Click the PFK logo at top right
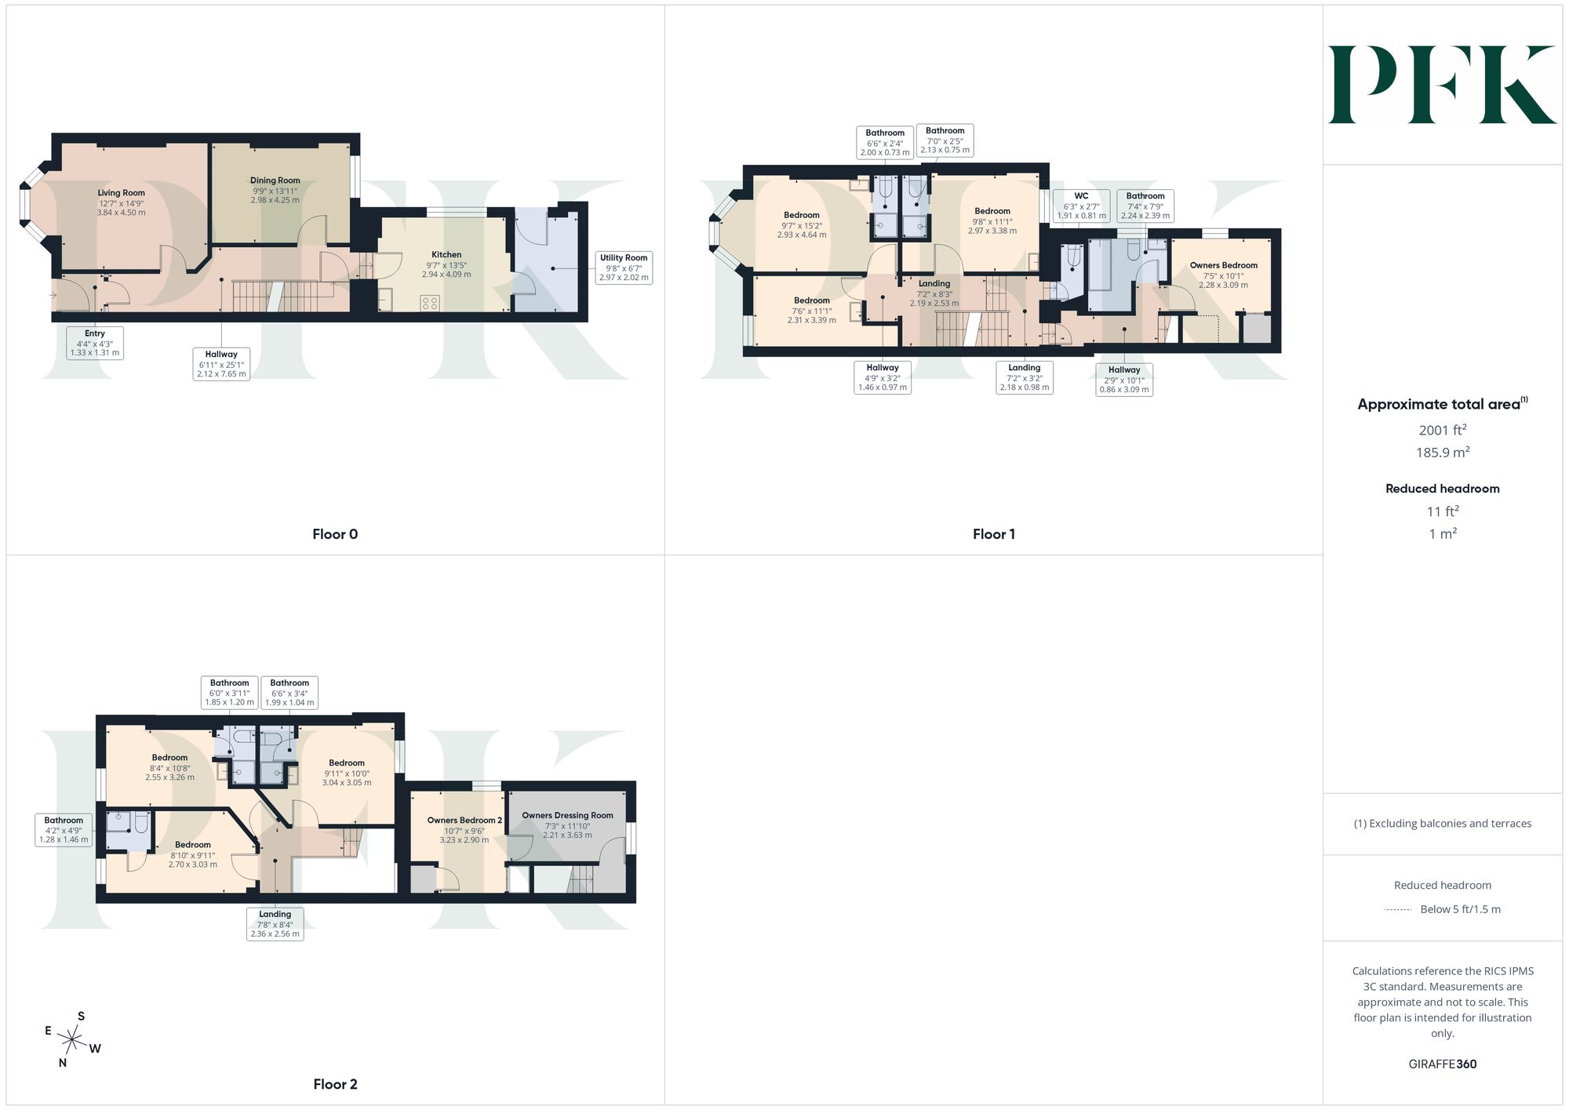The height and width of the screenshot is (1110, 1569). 1442,85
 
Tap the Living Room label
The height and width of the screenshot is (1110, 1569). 121,193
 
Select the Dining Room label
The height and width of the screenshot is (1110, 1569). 275,180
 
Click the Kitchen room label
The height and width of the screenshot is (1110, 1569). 446,255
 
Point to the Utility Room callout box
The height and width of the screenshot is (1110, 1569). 624,267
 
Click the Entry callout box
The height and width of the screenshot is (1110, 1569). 95,343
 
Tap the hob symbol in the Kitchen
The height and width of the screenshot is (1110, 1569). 429,303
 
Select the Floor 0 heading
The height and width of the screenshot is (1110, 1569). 335,534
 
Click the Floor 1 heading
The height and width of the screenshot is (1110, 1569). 994,534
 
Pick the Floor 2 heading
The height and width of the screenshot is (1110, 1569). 335,1084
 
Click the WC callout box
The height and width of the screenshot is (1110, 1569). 1081,206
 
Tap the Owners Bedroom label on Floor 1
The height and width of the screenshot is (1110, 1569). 1224,265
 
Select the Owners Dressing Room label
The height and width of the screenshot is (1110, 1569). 568,816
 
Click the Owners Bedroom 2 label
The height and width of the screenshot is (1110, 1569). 464,821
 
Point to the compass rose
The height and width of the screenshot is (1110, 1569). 72,1041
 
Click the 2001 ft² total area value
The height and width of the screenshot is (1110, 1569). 1443,430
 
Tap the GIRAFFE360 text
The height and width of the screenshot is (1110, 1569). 1443,1065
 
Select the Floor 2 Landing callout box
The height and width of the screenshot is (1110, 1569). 275,924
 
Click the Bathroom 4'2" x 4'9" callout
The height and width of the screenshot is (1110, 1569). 64,830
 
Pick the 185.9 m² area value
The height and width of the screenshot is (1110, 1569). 1443,453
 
